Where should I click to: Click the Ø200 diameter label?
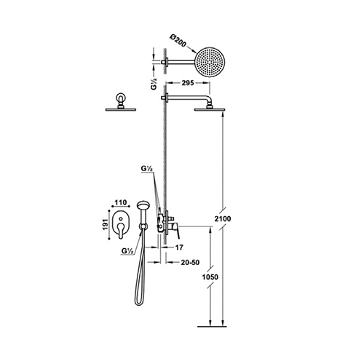tap(178, 41)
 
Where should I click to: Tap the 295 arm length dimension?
tap(188, 83)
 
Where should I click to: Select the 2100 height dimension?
tap(223, 219)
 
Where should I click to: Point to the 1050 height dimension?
tap(210, 277)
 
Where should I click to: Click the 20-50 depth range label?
tap(190, 262)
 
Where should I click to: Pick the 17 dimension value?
tap(179, 248)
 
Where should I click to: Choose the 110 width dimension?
tap(121, 202)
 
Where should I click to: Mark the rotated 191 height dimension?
tap(105, 224)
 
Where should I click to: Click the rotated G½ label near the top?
tap(154, 84)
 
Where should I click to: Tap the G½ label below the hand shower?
tap(127, 251)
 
